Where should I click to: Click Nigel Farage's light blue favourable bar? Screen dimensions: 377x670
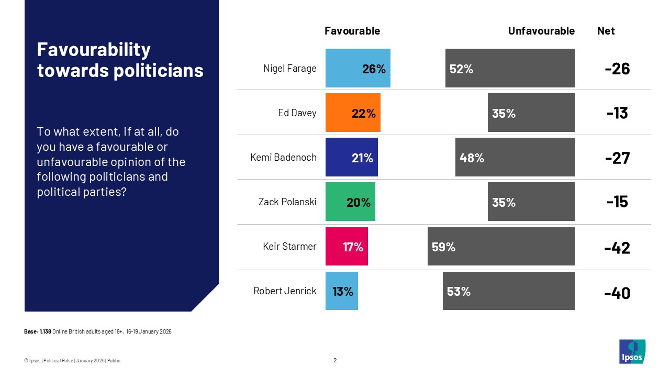tap(358, 68)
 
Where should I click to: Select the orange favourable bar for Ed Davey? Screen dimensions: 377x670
tap(353, 113)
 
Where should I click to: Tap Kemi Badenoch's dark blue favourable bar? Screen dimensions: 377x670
tap(351, 157)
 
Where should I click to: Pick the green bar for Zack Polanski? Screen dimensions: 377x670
tap(350, 202)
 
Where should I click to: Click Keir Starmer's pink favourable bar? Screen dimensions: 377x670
tap(347, 247)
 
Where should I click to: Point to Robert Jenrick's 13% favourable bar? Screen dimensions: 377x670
tap(342, 291)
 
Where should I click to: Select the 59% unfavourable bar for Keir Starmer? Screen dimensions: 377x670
tap(501, 247)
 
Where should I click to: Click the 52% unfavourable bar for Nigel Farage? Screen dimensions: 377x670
tap(510, 68)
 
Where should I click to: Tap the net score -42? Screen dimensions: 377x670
tap(617, 248)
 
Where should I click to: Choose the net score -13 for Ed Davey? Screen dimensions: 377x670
tap(617, 113)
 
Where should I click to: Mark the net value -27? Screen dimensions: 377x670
tap(617, 158)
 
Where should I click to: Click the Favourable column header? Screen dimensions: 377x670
tap(352, 31)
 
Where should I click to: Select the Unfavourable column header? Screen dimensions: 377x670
tap(541, 31)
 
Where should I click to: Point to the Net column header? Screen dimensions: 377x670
tap(606, 31)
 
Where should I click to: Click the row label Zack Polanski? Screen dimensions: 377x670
tap(287, 202)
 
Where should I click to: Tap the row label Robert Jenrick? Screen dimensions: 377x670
tap(285, 291)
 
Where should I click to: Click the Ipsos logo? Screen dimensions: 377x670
tap(632, 351)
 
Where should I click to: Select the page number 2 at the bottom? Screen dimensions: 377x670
tap(335, 360)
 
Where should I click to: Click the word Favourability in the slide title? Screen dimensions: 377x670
tap(94, 50)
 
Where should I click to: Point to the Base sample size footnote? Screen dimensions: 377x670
tap(98, 332)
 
